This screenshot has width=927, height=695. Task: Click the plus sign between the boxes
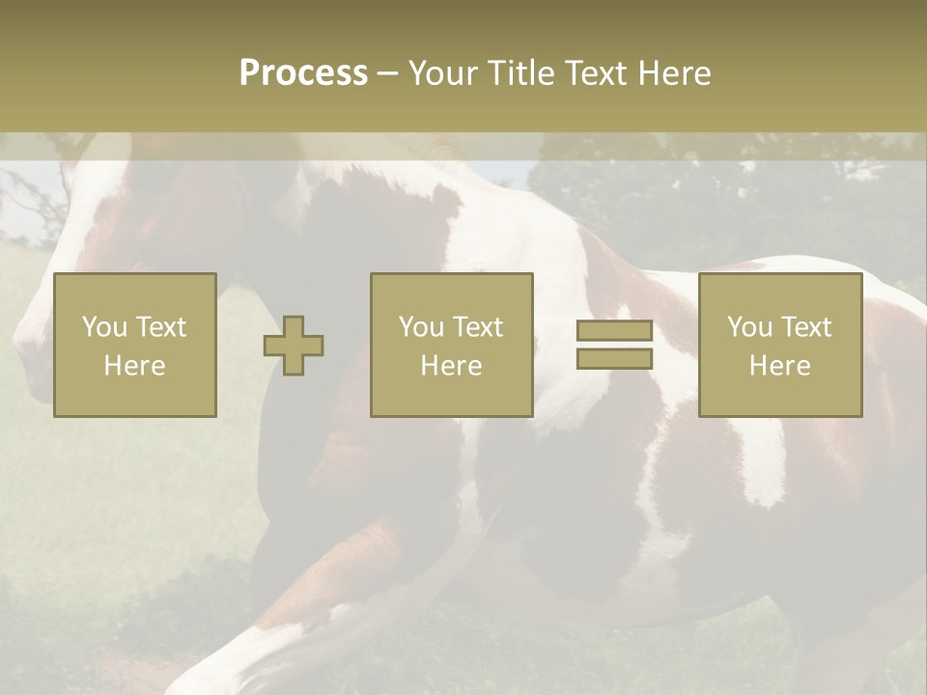point(294,346)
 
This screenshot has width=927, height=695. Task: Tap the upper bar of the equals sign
point(614,331)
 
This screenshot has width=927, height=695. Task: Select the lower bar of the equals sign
point(614,359)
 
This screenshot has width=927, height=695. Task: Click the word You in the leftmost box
point(104,327)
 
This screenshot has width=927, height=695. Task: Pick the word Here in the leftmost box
point(134,366)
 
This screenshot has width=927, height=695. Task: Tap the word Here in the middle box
point(451,366)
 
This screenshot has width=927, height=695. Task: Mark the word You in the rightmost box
point(749,327)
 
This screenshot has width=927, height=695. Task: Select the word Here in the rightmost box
point(779,366)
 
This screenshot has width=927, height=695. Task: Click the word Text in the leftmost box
point(160,327)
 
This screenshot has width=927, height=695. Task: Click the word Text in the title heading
point(592,73)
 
